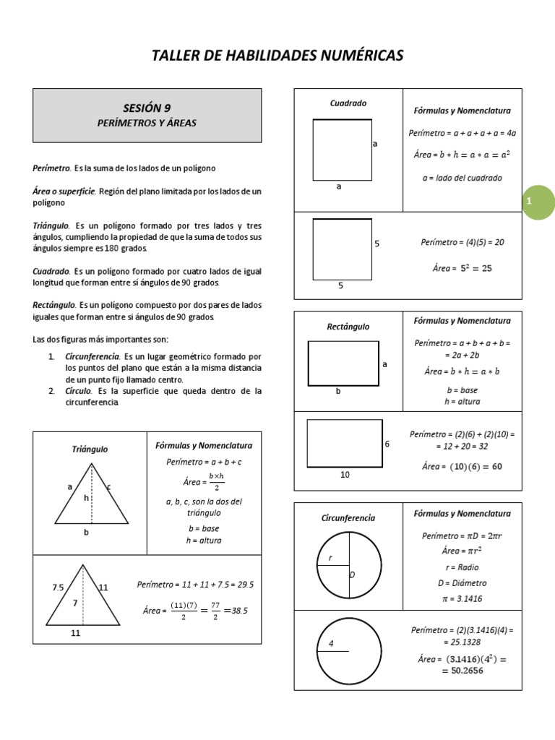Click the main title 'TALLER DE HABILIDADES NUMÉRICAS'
277,56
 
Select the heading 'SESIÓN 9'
147,108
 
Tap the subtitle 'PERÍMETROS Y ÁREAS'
147,123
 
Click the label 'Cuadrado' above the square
348,103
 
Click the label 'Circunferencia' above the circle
348,518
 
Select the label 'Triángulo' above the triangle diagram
90,449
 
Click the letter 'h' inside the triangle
86,498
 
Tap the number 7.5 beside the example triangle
59,588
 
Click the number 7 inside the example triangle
74,602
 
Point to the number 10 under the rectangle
345,476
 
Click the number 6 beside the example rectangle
387,444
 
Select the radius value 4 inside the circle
331,643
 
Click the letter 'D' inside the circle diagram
353,575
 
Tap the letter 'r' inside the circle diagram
330,558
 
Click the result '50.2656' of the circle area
462,671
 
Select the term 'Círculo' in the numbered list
79,391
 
